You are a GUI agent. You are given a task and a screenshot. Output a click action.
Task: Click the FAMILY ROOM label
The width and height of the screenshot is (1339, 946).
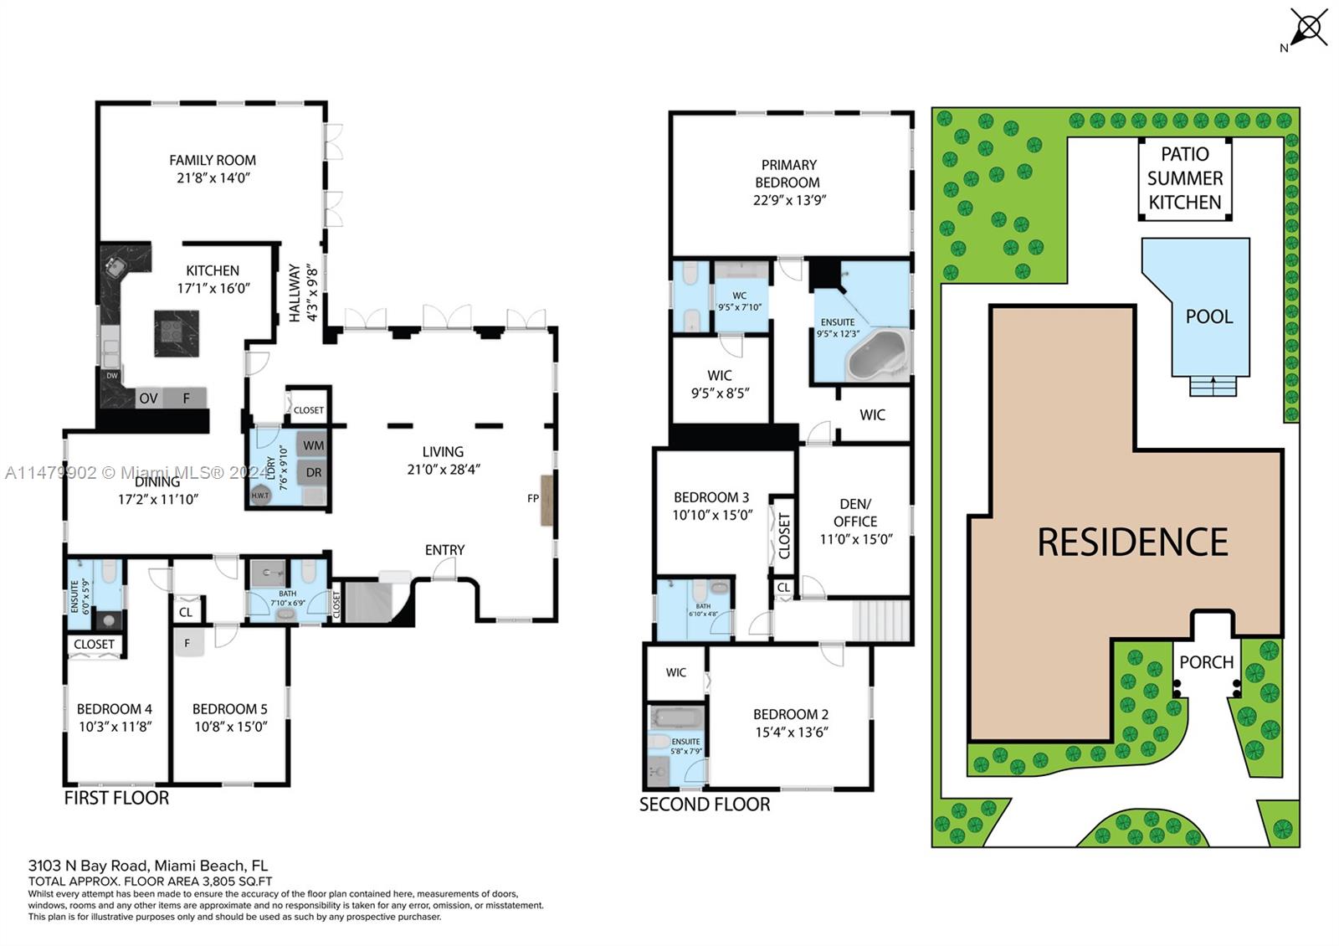pos(213,160)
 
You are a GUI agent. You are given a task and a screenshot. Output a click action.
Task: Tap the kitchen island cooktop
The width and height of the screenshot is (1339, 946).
pos(177,332)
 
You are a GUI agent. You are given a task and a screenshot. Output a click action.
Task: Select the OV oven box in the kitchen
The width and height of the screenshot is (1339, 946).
pos(148,398)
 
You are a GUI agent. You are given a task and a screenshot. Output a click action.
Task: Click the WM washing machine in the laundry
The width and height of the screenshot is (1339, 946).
pos(313,445)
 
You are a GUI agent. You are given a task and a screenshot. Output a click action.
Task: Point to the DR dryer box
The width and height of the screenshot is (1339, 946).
pos(313,472)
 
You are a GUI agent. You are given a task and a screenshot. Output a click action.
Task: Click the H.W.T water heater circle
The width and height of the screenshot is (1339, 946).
pos(260,495)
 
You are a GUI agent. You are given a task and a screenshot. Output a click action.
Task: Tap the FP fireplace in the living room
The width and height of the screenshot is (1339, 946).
pos(546,500)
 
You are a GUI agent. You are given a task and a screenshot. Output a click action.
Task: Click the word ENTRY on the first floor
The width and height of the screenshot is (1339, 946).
pos(444,550)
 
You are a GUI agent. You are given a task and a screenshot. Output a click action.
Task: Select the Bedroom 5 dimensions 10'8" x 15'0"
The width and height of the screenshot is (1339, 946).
pos(230,727)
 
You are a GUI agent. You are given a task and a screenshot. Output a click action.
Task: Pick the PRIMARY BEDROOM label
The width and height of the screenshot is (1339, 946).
pos(788,173)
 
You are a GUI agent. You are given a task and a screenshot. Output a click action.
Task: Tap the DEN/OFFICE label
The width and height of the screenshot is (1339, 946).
pos(855,512)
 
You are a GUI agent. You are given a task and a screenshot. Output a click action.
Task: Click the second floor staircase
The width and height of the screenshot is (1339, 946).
pos(881,620)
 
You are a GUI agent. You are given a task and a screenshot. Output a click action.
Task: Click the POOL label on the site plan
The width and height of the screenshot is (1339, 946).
pos(1208,316)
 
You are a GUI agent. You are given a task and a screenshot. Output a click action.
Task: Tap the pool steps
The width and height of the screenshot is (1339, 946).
pos(1213,387)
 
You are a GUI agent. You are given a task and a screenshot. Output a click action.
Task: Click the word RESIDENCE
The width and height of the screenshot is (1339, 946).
pos(1132,542)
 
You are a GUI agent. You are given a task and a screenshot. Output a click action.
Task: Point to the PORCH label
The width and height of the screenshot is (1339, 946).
pos(1206,662)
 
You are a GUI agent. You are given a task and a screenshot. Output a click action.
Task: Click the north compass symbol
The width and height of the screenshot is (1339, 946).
pos(1308,29)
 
